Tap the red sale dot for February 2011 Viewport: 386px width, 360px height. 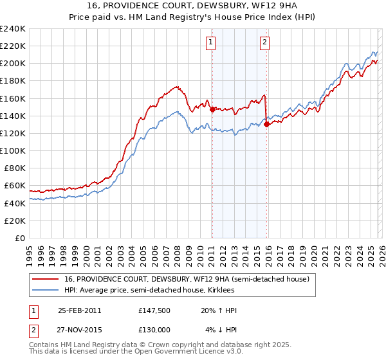pos(212,109)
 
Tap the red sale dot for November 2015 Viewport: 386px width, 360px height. pos(266,125)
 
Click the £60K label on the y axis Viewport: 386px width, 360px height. pos(15,186)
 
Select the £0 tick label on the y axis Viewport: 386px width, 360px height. pos(21,238)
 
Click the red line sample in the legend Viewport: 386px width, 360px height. pos(46,279)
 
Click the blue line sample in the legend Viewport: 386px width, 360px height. pos(46,290)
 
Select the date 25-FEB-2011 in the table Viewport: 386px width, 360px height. pos(80,310)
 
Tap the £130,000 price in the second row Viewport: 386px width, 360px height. pos(154,329)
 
